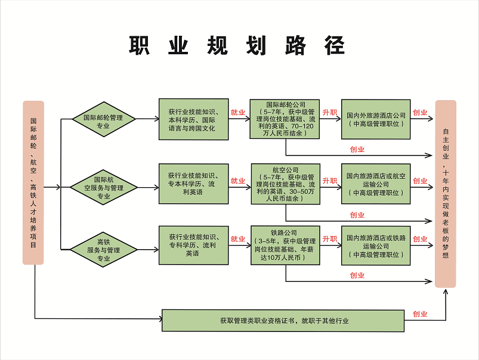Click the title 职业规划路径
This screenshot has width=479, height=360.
(x=237, y=46)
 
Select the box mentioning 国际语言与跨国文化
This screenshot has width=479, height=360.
(x=193, y=119)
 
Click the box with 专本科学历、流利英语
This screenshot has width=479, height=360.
(x=193, y=184)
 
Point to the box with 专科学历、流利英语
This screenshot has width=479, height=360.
(x=193, y=245)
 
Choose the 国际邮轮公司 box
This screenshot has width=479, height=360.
(x=285, y=119)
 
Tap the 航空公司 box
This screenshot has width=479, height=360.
(x=285, y=184)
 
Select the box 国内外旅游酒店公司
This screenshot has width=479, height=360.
(x=376, y=119)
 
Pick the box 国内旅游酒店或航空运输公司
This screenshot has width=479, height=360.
(x=376, y=184)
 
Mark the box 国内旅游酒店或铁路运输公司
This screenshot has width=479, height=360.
(x=376, y=245)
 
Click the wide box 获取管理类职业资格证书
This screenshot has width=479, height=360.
(x=284, y=321)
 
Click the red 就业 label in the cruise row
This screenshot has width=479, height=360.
(x=238, y=112)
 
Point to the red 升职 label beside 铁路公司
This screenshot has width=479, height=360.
(x=329, y=239)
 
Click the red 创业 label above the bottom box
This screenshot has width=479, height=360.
(x=420, y=314)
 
